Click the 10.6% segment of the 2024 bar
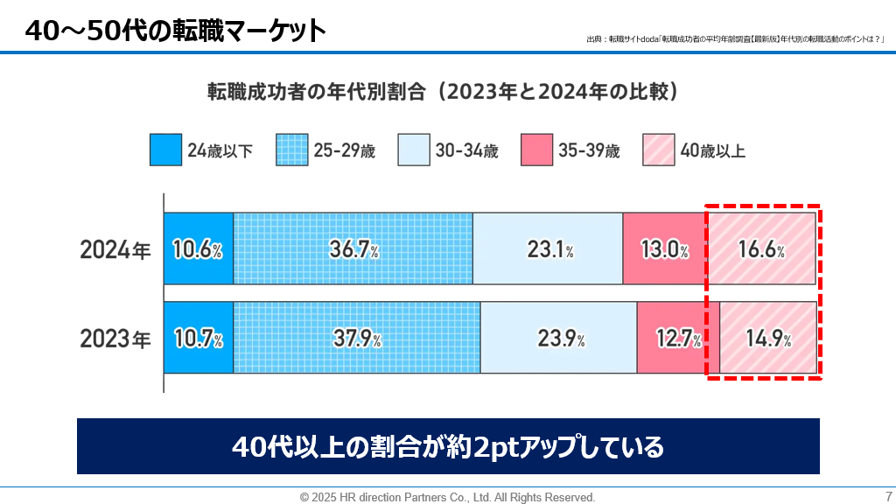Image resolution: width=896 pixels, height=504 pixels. tap(199, 248)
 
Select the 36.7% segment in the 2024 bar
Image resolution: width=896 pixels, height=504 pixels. tap(353, 248)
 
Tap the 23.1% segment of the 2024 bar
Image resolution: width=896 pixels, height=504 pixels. tap(548, 248)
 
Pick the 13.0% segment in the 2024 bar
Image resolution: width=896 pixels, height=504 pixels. tap(664, 248)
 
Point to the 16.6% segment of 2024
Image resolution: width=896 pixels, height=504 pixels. tap(760, 248)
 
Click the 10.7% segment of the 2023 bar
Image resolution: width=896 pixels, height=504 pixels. tap(199, 338)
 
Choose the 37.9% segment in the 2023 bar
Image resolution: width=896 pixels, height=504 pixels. tap(357, 338)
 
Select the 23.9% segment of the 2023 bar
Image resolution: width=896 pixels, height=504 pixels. tap(558, 338)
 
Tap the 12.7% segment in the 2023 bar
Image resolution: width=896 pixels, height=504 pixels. tap(678, 338)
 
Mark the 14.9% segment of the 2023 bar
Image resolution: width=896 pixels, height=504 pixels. tap(767, 338)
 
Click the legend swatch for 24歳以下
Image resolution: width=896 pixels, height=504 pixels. tap(165, 150)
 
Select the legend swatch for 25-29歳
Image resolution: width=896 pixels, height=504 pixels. tap(291, 150)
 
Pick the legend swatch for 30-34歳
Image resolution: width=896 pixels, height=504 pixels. tap(413, 150)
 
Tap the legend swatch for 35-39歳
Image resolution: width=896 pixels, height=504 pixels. tap(536, 150)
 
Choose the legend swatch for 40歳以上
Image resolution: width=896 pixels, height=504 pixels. tap(658, 150)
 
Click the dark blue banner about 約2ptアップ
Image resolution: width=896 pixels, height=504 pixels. tap(448, 446)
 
